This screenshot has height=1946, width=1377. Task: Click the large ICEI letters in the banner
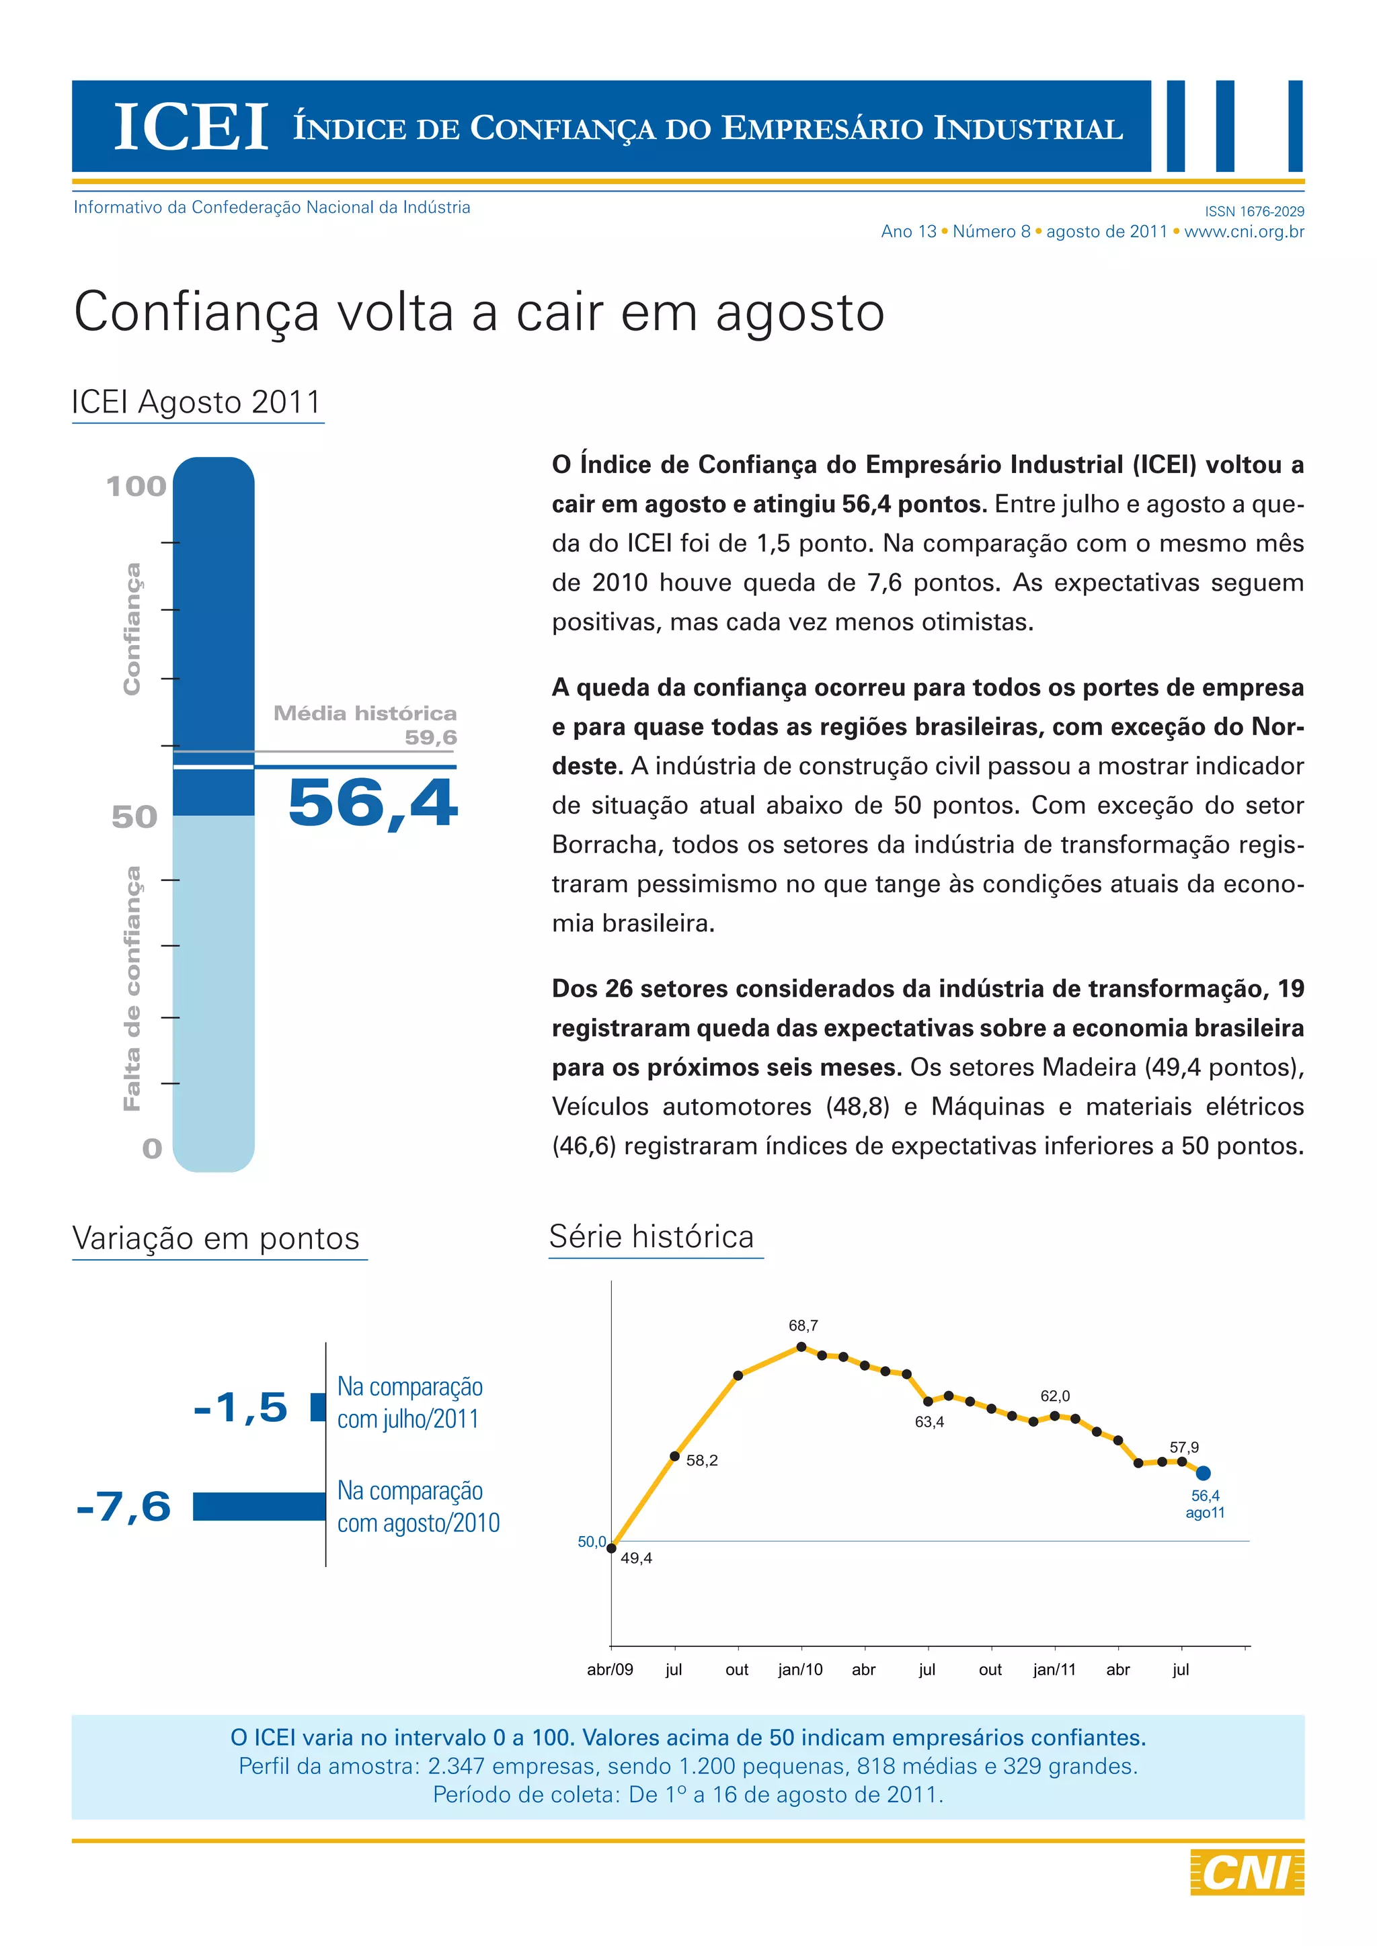pos(191,128)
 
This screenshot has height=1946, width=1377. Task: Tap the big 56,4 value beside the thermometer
pos(373,802)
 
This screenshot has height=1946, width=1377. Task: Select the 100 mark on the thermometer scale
pos(136,487)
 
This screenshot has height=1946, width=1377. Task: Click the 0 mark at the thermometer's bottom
pos(152,1148)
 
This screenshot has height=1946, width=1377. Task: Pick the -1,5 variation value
pos(241,1408)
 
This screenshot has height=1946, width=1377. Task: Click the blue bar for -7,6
pos(259,1506)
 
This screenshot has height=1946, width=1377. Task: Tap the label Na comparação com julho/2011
pos(409,1402)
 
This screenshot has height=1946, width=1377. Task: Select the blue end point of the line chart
pos(1202,1473)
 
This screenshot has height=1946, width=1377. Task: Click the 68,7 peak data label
pos(803,1326)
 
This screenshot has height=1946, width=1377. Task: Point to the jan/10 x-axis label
pos(800,1670)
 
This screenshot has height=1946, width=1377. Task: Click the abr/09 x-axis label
pos(610,1670)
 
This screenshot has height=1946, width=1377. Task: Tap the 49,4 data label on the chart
pos(636,1558)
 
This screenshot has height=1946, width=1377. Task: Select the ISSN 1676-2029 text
pos(1254,211)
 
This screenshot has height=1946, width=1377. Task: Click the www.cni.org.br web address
pos(1244,231)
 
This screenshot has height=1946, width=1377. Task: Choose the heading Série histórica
pos(652,1236)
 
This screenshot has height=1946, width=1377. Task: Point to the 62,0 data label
pos(1055,1396)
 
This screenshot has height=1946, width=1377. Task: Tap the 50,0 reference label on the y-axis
pos(592,1541)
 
